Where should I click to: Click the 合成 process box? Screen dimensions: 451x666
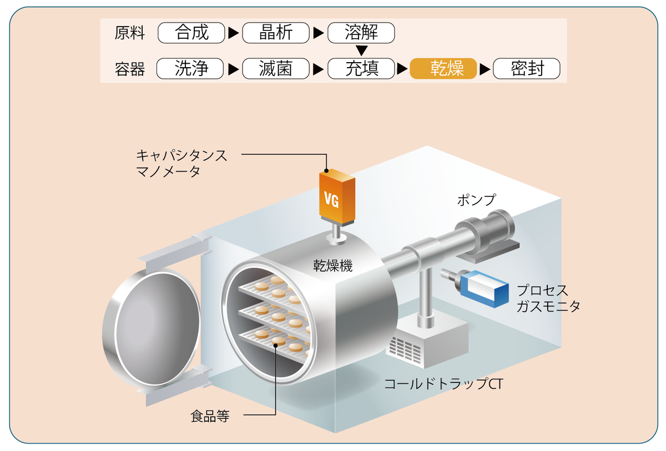(191, 33)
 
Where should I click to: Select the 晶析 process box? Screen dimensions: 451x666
(276, 33)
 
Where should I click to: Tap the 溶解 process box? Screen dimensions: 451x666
(361, 33)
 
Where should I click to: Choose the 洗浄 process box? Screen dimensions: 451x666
(190, 69)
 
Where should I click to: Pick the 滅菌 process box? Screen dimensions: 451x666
(276, 69)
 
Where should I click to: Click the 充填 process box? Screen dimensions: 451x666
(361, 69)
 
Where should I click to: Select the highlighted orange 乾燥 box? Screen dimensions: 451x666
(443, 69)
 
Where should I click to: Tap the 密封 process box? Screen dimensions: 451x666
(527, 69)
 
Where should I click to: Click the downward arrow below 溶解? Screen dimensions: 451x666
(362, 51)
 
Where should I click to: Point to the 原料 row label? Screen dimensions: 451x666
(130, 33)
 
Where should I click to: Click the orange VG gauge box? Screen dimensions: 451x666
(337, 197)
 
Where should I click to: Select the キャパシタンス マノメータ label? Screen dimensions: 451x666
(181, 163)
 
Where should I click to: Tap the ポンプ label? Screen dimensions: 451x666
(476, 200)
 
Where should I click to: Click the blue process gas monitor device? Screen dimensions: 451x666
(483, 289)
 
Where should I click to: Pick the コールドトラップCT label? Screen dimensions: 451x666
(443, 384)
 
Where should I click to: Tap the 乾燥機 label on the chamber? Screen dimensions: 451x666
(332, 266)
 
